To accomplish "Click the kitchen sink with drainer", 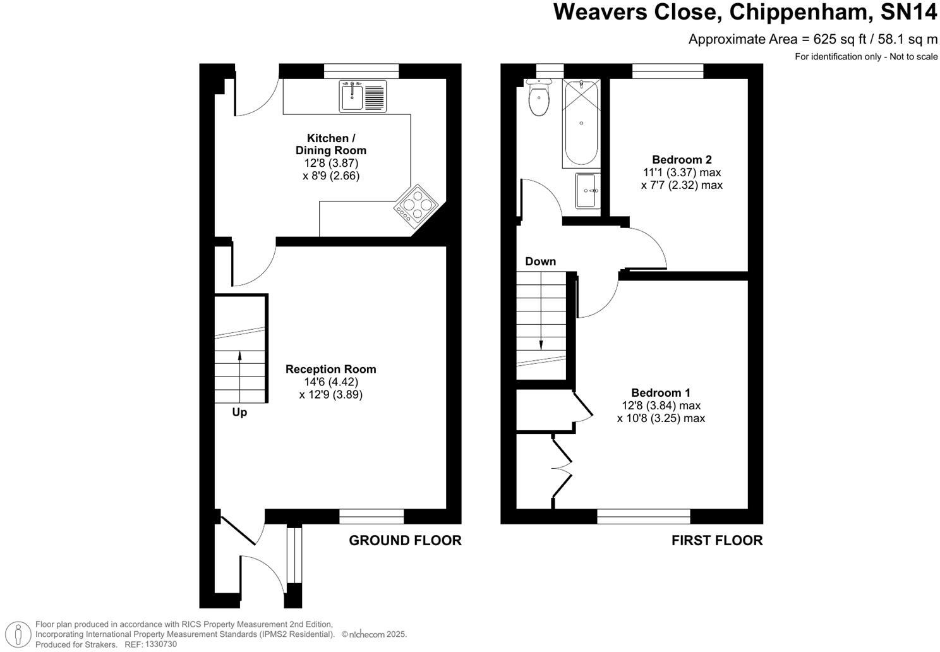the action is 363,97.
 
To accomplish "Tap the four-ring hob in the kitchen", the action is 416,205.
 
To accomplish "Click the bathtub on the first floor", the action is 581,123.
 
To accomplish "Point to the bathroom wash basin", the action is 587,191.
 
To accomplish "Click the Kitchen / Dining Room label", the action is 330,144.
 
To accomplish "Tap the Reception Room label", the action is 330,369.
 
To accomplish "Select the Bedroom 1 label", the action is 661,393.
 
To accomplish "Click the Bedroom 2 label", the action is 682,160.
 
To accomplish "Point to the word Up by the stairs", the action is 239,413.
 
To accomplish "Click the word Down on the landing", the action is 541,262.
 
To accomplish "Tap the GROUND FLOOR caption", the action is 405,540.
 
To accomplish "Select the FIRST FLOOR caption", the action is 717,540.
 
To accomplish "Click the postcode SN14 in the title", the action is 908,12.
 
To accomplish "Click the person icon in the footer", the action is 18,634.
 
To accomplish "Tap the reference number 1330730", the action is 160,644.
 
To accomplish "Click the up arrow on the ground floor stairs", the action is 240,377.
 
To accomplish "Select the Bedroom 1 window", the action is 643,516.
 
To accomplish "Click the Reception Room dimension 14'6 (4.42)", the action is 330,382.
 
